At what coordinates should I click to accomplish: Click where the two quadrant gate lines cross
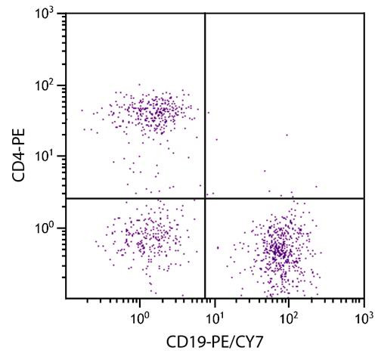[205, 198]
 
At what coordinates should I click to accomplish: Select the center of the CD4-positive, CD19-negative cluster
[155, 112]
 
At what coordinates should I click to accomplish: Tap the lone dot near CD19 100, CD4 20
[287, 135]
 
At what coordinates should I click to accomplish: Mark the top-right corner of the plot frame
[364, 14]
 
